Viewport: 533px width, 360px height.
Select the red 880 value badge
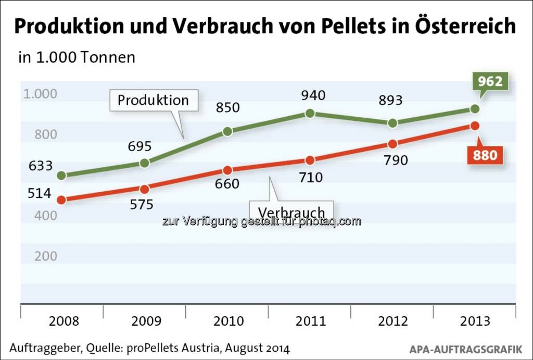point(485,155)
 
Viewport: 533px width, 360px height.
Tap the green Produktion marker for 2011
point(310,113)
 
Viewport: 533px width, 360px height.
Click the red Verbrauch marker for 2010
point(227,170)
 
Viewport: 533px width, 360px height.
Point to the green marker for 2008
point(61,176)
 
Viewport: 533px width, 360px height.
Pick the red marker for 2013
point(475,126)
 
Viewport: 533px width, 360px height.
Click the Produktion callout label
point(153,100)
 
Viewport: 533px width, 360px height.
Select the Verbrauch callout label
point(291,212)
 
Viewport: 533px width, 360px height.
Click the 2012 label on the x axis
point(393,320)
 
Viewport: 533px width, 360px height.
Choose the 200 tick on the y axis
point(46,256)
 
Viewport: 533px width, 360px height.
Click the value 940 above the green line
point(313,95)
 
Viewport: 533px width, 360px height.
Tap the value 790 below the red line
point(395,160)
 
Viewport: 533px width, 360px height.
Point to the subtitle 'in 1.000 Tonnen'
point(77,57)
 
